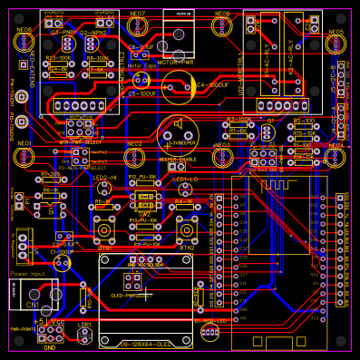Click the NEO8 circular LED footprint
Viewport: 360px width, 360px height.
(x=24, y=43)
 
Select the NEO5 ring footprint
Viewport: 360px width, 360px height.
(x=336, y=45)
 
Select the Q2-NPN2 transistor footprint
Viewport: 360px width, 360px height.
(x=93, y=43)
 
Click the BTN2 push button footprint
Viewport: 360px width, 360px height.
(x=188, y=228)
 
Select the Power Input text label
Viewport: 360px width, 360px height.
(x=28, y=273)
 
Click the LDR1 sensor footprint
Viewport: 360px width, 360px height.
(x=83, y=336)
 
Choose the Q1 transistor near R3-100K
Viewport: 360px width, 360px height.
(x=268, y=132)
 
